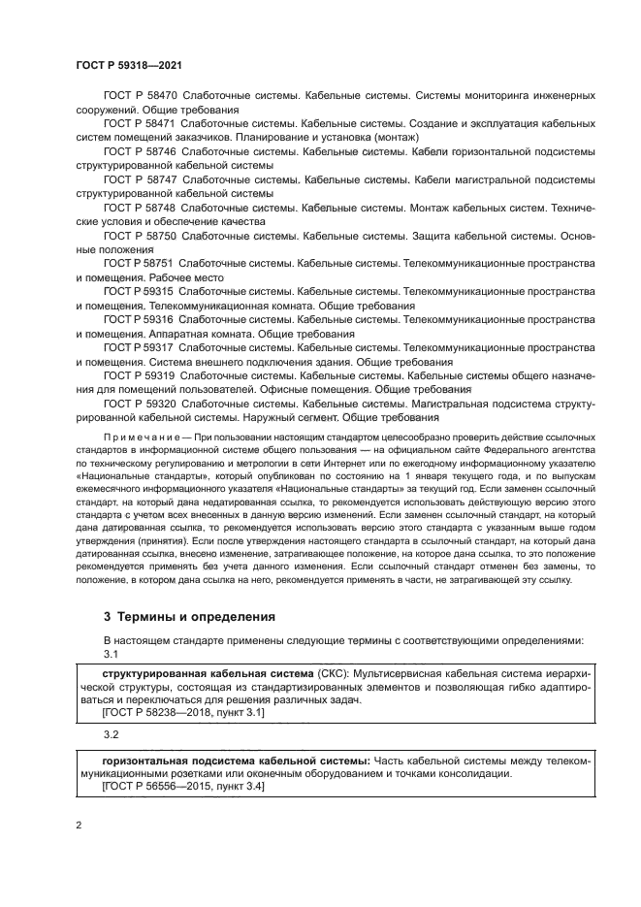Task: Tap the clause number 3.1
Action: coord(110,656)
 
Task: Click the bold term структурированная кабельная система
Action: coord(208,671)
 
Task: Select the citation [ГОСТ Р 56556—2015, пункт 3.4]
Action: coord(183,787)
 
